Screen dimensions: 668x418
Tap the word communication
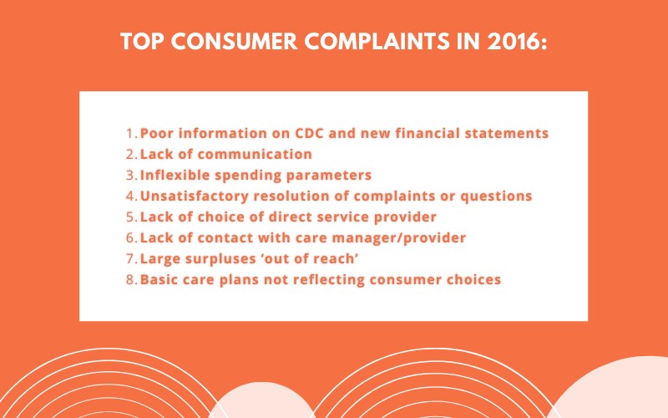pos(255,154)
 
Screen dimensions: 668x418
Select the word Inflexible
pos(175,175)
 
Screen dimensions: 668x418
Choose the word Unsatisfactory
pos(194,196)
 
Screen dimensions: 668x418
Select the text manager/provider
pos(399,238)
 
